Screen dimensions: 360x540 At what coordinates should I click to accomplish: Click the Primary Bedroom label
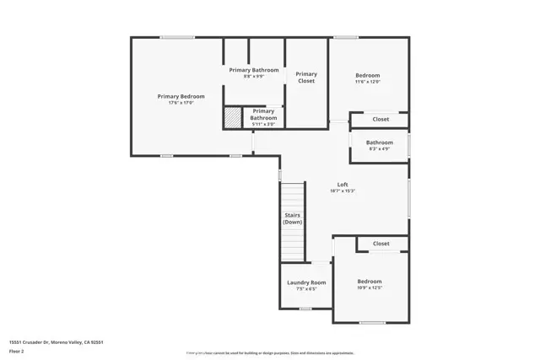(181, 96)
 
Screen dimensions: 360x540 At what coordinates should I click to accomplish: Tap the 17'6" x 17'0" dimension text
(181, 103)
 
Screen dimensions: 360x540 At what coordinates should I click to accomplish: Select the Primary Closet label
(306, 78)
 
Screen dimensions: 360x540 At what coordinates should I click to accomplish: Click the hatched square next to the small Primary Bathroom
(232, 117)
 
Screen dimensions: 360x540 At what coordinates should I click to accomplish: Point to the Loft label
(343, 185)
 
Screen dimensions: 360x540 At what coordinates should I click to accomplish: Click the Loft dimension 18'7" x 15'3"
(343, 191)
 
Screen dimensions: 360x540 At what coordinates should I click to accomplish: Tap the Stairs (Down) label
(292, 218)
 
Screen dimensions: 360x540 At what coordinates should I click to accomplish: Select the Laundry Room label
(306, 282)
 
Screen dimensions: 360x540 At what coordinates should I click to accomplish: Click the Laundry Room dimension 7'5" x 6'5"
(306, 289)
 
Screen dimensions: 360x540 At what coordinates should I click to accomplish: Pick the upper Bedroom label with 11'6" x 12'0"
(368, 75)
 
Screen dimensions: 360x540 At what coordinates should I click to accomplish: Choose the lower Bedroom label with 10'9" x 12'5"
(370, 282)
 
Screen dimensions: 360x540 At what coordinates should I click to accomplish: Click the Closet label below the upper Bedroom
(381, 119)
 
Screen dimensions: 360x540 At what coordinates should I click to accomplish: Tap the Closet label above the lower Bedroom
(381, 244)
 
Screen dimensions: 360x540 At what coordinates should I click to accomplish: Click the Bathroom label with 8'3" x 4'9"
(380, 142)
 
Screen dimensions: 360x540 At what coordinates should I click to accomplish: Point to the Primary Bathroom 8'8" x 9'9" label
(254, 70)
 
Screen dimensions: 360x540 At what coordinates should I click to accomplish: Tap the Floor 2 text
(16, 352)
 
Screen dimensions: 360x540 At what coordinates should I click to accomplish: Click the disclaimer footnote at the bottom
(270, 353)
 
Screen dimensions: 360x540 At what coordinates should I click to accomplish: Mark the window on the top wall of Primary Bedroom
(177, 37)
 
